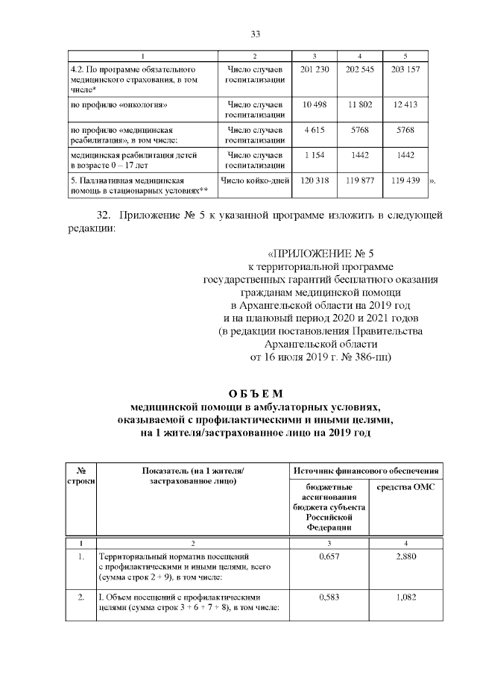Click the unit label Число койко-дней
click(254, 180)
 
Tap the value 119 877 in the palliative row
click(360, 180)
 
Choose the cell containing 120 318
click(315, 180)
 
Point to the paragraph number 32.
click(104, 216)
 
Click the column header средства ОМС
click(405, 486)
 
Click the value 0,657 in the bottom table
click(329, 556)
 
